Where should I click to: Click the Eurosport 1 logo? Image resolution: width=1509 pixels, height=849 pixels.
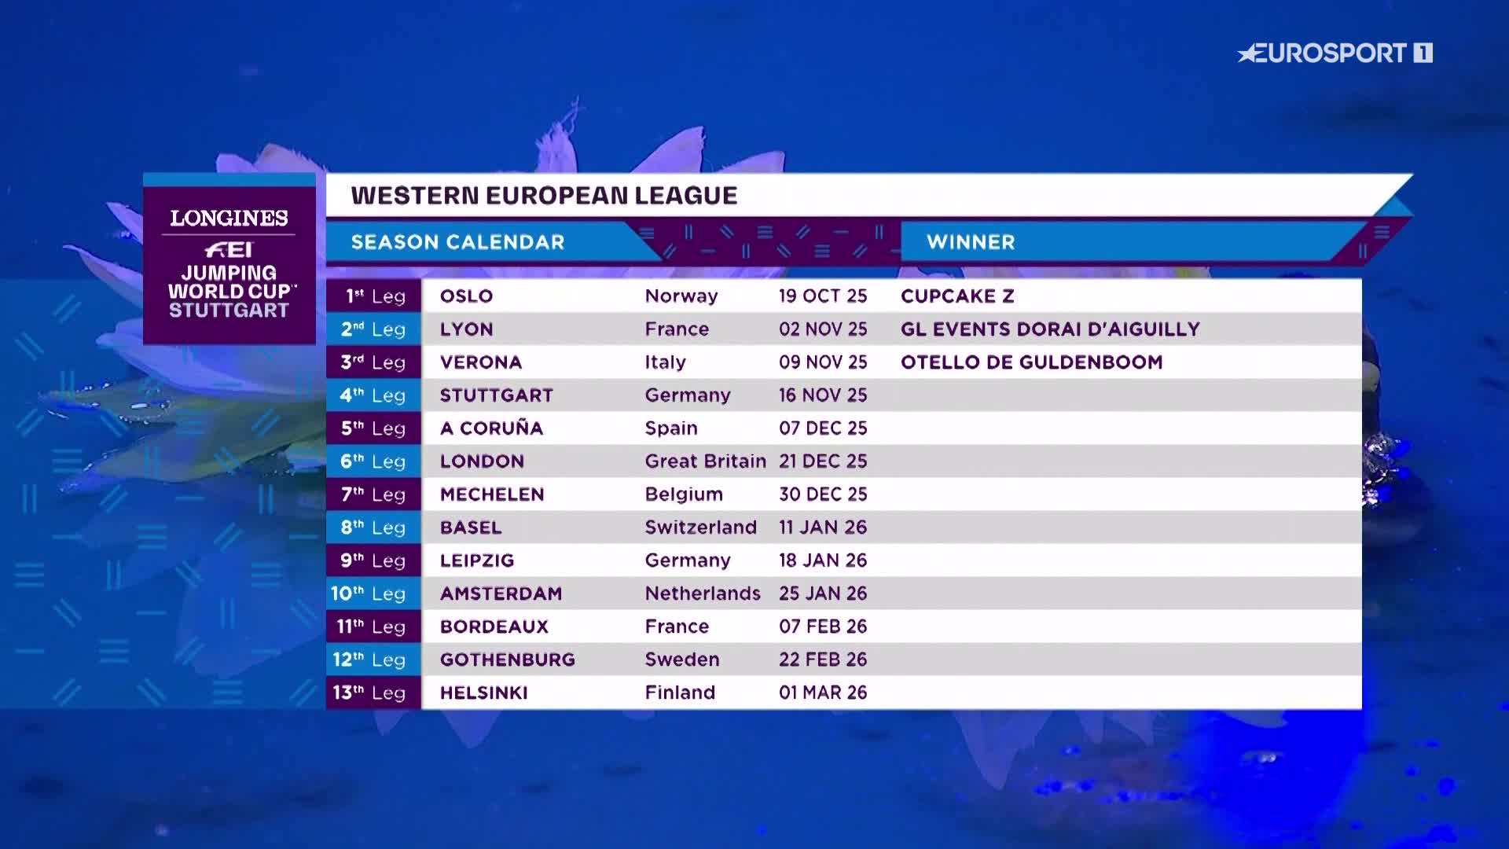[1335, 53]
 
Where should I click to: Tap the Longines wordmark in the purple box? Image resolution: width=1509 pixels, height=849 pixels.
[229, 218]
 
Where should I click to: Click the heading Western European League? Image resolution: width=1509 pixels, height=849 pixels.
[544, 196]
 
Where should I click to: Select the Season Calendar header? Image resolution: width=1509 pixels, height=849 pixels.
[457, 242]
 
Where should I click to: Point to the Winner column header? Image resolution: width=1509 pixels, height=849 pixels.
[971, 242]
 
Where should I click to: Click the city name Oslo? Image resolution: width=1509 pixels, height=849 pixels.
[466, 296]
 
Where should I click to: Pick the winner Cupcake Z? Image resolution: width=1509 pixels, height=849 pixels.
[957, 296]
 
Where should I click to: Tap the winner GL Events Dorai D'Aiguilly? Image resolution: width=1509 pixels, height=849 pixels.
[1050, 329]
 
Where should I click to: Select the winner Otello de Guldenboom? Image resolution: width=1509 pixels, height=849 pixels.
[1031, 362]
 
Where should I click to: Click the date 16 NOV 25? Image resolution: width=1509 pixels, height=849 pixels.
[823, 395]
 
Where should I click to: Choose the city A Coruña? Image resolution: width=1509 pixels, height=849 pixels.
[491, 428]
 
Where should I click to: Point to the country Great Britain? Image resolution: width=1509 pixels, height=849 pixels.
[705, 461]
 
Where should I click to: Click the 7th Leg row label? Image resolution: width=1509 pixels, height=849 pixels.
[373, 494]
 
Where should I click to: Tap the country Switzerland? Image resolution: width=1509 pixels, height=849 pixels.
[700, 527]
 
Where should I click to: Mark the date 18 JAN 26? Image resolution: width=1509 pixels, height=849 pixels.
[823, 560]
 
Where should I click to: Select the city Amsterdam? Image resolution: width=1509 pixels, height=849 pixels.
[501, 594]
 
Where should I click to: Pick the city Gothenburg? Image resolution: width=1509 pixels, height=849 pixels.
[507, 660]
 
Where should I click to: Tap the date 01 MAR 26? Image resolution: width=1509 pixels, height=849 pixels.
[823, 693]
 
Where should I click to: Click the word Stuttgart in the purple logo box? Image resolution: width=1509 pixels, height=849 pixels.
[229, 311]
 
